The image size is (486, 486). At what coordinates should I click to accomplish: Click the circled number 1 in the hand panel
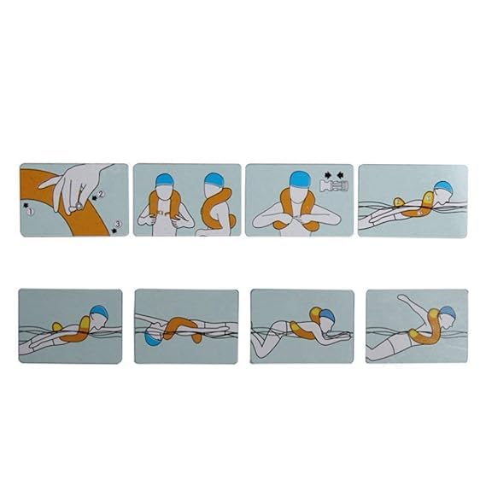click(30, 212)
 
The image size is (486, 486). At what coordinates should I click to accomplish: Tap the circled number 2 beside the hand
click(101, 194)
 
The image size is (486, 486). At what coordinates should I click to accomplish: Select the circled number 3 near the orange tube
click(118, 224)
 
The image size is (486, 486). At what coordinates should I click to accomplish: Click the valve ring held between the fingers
click(79, 205)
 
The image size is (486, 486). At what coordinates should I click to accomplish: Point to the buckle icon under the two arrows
click(334, 185)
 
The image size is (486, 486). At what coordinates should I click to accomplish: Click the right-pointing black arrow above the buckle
click(328, 175)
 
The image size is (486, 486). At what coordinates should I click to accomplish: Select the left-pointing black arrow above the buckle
click(340, 175)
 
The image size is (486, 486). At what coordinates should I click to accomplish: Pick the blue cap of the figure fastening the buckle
click(300, 179)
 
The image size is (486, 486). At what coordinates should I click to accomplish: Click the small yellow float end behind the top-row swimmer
click(398, 202)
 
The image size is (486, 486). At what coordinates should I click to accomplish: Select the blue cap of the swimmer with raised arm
click(448, 313)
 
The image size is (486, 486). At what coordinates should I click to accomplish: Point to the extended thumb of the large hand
click(48, 183)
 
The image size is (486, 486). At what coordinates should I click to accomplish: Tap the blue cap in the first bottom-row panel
click(99, 313)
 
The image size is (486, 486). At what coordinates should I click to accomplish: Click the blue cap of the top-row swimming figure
click(442, 188)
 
